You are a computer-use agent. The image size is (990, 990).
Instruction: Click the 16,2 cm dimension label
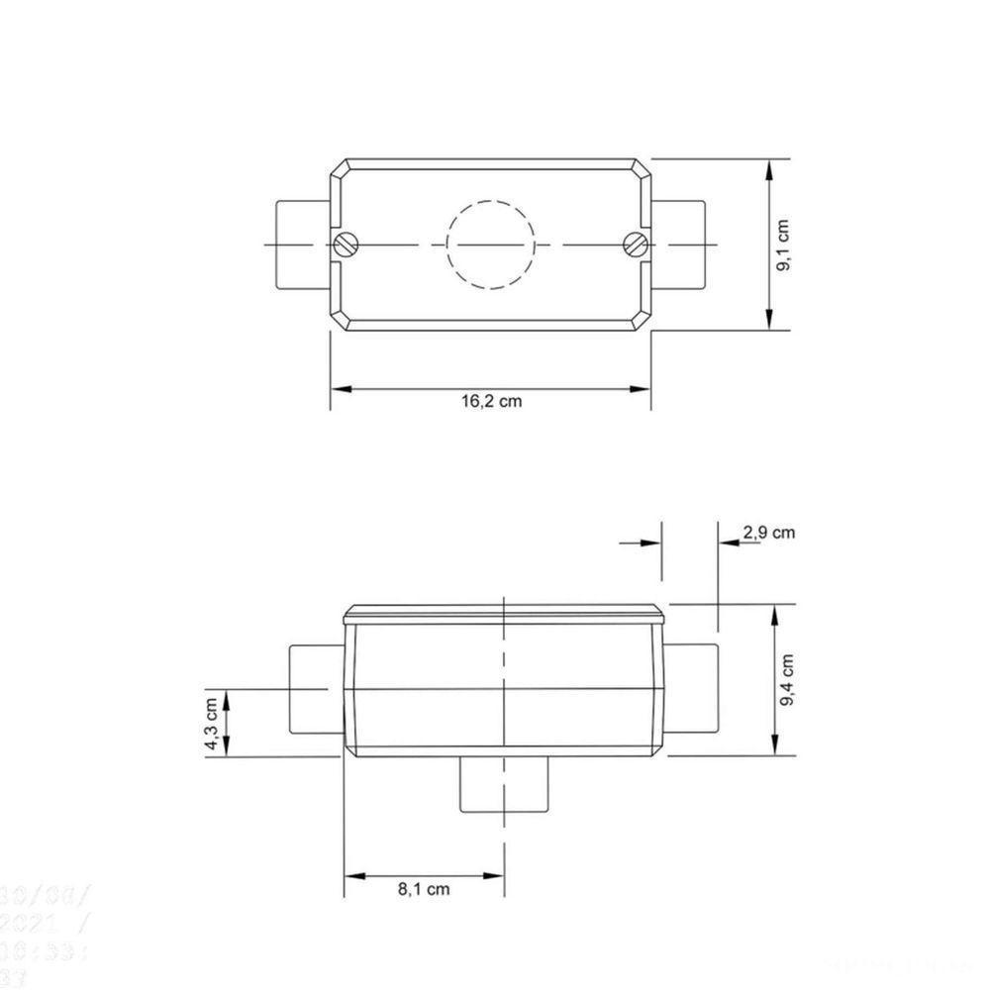pos(491,402)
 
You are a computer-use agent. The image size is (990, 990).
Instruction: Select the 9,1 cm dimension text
pos(783,244)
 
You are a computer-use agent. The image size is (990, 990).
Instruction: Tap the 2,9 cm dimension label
pos(768,533)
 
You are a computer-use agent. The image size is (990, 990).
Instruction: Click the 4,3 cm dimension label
pos(211,724)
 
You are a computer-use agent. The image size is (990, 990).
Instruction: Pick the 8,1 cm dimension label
pos(424,889)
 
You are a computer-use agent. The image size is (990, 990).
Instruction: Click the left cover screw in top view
pos(346,244)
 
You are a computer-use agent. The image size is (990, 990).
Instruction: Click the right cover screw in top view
pos(636,243)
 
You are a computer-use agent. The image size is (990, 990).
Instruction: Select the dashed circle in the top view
pos(490,244)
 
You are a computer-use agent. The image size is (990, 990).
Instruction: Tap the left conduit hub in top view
pos(301,244)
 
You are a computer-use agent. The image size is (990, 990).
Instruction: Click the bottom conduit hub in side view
pos(505,784)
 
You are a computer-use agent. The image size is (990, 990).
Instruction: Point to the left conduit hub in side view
pos(315,689)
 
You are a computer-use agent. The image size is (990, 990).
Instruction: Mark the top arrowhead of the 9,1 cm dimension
pos(770,169)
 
